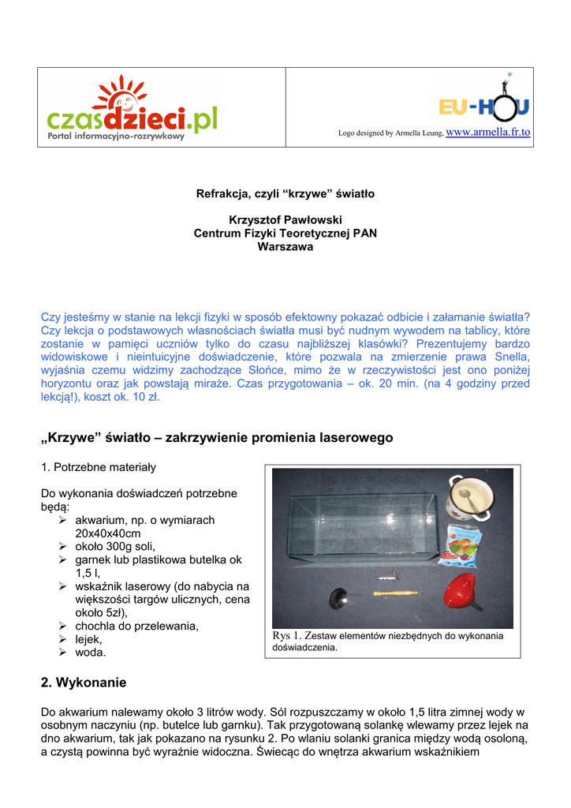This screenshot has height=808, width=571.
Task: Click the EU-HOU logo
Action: pyautogui.click(x=484, y=100)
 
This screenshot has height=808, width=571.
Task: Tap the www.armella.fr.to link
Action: pyautogui.click(x=488, y=132)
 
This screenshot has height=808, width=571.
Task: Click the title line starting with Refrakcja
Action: pyautogui.click(x=285, y=193)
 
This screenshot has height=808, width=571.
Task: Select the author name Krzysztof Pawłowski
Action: pyautogui.click(x=285, y=220)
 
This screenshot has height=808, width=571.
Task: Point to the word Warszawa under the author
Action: pyautogui.click(x=285, y=247)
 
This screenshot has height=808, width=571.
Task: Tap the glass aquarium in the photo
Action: pyautogui.click(x=360, y=527)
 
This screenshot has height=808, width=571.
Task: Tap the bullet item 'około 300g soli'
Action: pyautogui.click(x=115, y=546)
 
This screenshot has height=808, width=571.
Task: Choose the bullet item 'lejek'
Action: pyautogui.click(x=88, y=639)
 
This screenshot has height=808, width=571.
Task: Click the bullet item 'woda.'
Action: pyautogui.click(x=90, y=653)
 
